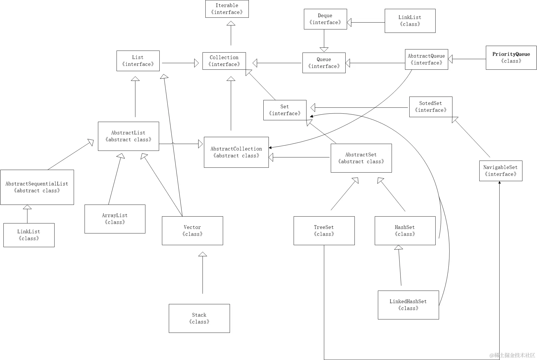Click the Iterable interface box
tap(227, 9)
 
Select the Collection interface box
tap(224, 61)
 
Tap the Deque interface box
tap(325, 19)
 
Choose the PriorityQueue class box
tap(511, 58)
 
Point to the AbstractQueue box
tap(426, 59)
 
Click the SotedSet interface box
tap(431, 107)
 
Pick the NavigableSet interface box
tap(501, 171)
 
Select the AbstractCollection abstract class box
tap(236, 152)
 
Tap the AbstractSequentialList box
tap(37, 187)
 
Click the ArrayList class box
tap(115, 219)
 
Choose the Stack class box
tap(199, 318)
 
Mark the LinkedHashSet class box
tap(408, 305)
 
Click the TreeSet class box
tap(324, 231)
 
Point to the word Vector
tap(192, 227)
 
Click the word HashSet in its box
tap(405, 227)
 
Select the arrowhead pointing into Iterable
tap(231, 23)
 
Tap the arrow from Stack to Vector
tap(203, 273)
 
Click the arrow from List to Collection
tap(180, 63)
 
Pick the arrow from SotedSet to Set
tap(359, 108)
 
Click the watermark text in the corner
tap(512, 355)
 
